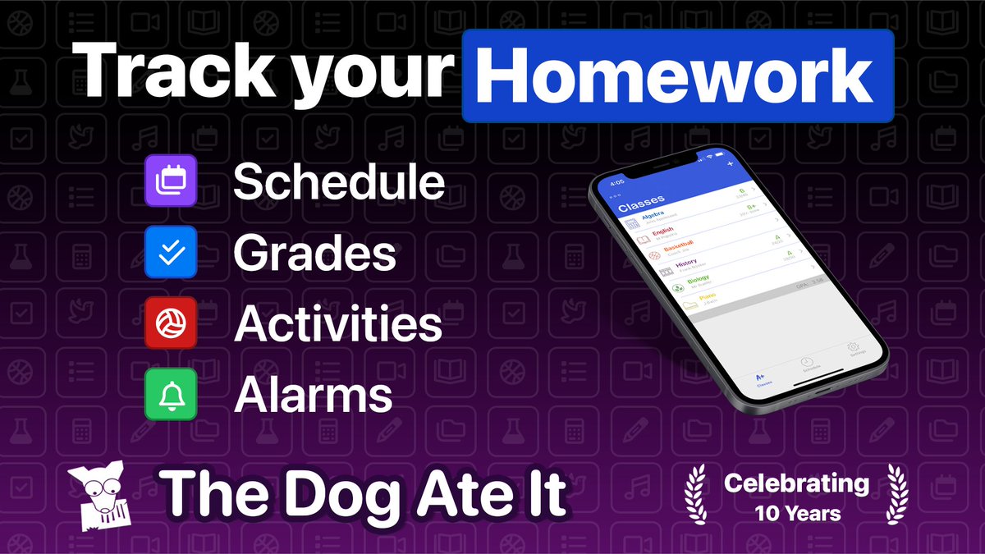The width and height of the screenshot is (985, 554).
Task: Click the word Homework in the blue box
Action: point(677,76)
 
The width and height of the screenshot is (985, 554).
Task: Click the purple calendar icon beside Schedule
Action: point(171,181)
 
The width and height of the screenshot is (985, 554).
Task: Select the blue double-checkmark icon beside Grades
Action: point(171,252)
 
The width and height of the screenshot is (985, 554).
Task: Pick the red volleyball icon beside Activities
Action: point(171,323)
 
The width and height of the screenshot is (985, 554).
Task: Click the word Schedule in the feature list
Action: point(339,182)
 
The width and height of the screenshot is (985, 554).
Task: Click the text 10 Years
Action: point(798,514)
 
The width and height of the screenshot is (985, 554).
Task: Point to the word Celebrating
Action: point(796,483)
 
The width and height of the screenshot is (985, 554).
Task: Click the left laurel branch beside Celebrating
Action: point(696,495)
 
